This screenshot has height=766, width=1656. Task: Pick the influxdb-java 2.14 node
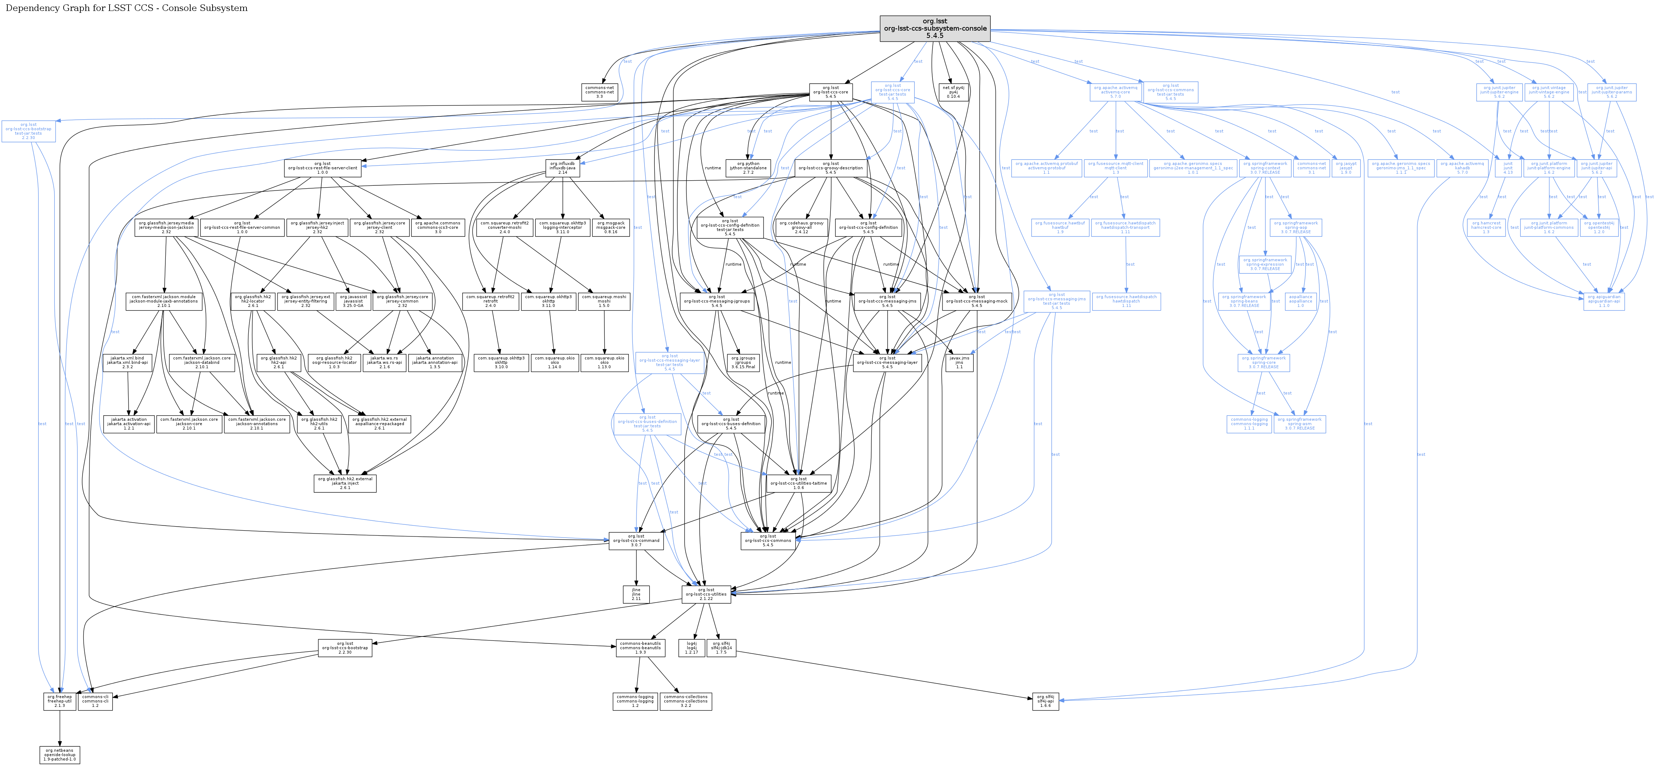(x=562, y=168)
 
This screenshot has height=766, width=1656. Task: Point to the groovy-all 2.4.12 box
(x=801, y=227)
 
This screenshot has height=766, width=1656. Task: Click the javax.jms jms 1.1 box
(x=959, y=362)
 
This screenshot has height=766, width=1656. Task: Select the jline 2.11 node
(x=636, y=594)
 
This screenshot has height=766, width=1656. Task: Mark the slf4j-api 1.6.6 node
(x=1045, y=701)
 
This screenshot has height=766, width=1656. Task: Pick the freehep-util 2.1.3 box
(x=60, y=701)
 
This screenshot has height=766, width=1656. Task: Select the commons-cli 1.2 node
(x=95, y=701)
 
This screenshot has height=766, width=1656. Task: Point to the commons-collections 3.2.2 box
(x=686, y=701)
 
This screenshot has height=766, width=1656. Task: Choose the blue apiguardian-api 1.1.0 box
(x=1604, y=301)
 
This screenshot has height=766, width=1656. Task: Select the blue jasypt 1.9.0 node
(x=1346, y=168)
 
